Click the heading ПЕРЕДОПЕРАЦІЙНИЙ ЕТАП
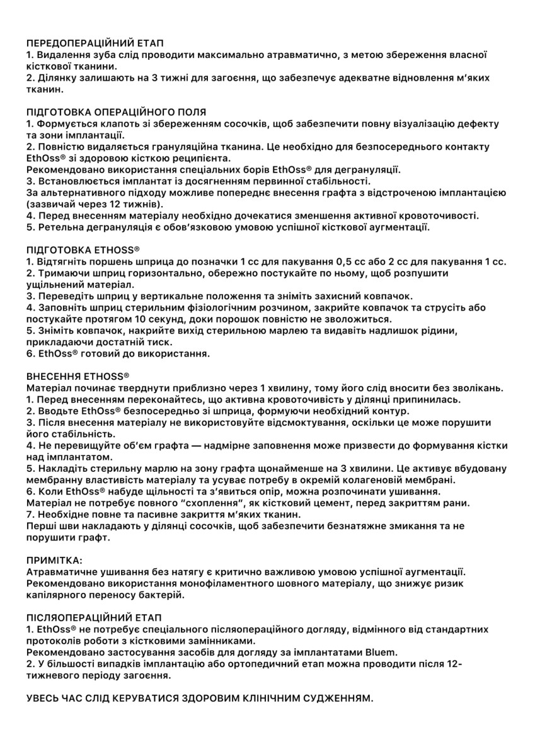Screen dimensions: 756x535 coord(95,43)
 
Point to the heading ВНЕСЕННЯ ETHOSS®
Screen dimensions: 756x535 coord(78,374)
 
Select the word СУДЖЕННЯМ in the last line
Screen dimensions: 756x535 coord(334,698)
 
